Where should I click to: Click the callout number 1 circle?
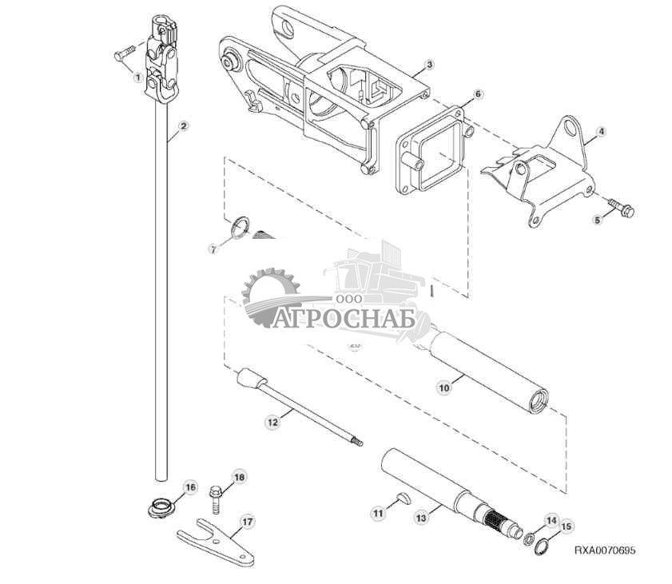point(138,77)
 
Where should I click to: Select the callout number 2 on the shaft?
point(183,126)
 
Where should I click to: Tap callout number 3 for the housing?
point(429,64)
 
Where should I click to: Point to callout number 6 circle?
point(478,93)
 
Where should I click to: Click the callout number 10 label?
point(444,387)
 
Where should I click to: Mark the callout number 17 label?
point(247,522)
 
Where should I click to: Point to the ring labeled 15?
point(541,547)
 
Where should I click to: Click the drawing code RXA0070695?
point(605,551)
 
